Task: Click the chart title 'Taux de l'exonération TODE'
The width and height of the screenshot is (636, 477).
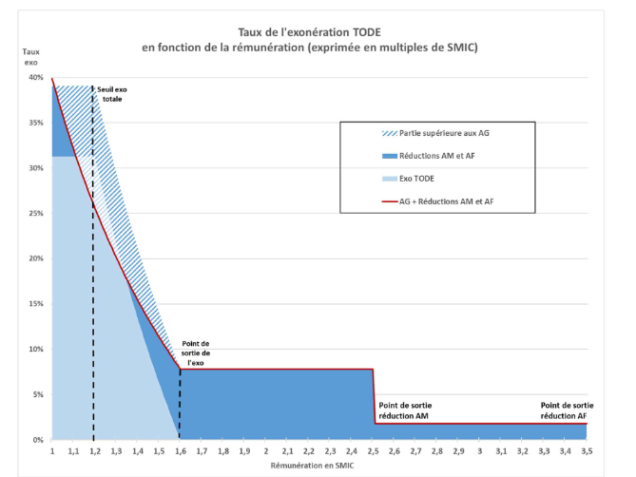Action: coord(319,30)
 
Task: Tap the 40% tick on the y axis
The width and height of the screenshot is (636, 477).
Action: coord(35,78)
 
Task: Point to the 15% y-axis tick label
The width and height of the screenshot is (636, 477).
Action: coord(35,304)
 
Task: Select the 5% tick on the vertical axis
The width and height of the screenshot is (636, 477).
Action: coord(37,394)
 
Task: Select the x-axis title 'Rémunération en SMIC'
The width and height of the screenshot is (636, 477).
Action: coord(319,467)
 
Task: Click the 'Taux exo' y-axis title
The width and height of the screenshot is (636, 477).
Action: coord(30,56)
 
